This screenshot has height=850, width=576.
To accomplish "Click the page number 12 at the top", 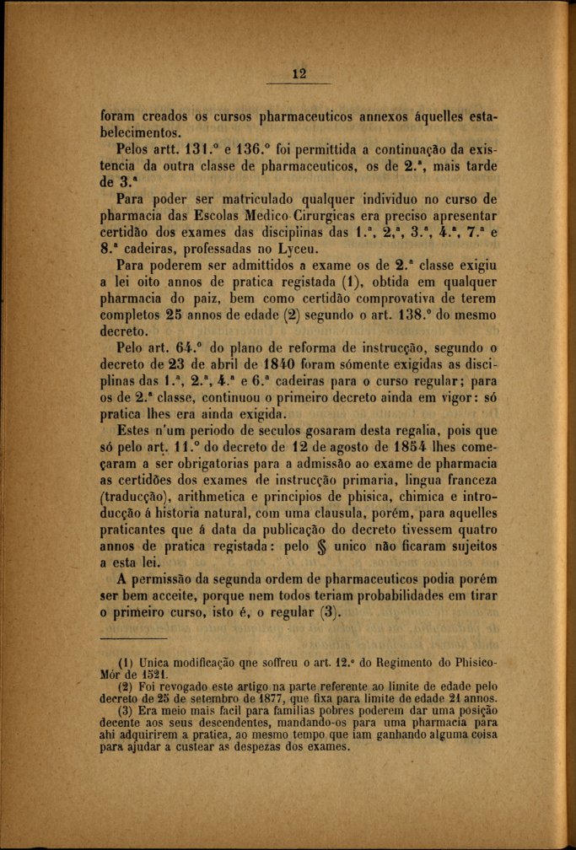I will click(x=297, y=73).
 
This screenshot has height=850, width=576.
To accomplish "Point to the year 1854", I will click(x=405, y=446).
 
